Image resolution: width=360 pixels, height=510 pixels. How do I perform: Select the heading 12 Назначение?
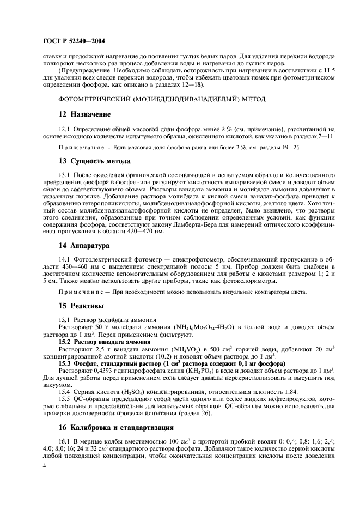(84, 114)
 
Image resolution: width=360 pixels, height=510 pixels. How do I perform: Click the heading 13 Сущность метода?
(94, 161)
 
